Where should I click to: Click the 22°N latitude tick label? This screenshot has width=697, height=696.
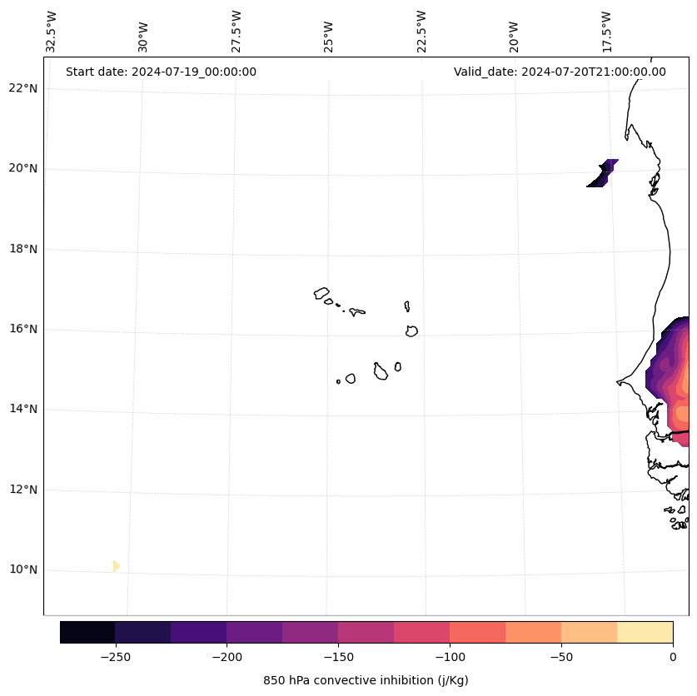coord(24,88)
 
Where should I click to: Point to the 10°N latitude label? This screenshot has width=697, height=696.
coord(24,570)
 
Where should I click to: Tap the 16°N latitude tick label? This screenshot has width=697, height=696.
coord(24,329)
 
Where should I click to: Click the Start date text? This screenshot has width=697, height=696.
coord(161,72)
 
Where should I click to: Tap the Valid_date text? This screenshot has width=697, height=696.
coord(560,72)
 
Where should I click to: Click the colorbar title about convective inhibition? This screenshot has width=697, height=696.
coord(366,680)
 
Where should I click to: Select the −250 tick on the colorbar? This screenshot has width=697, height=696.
coord(115,657)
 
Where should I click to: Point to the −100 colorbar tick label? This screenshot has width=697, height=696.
coord(450,657)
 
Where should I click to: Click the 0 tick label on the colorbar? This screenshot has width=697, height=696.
coord(672,657)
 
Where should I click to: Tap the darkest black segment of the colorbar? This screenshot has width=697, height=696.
coord(87,632)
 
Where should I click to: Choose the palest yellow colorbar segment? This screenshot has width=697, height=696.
coord(645,632)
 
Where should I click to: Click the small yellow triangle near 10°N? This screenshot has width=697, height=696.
coord(116,566)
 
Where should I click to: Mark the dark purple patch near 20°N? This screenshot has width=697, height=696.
coord(604,173)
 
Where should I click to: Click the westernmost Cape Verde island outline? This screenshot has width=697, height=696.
coord(321,293)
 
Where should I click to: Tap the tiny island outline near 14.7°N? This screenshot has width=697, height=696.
coord(338,381)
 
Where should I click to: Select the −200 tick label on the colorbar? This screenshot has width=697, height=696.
coord(227,657)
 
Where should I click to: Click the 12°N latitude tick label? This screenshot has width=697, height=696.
coord(24,490)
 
